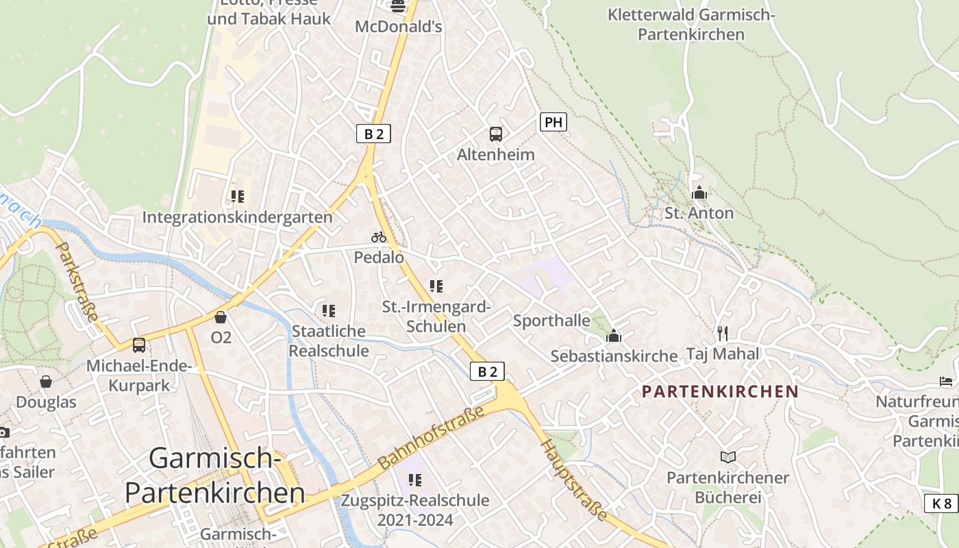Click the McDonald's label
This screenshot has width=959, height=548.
(x=398, y=27)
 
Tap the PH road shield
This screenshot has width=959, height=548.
(x=553, y=123)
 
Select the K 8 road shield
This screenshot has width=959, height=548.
(x=941, y=504)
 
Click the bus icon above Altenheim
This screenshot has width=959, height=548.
(x=496, y=134)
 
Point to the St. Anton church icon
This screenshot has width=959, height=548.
(x=699, y=192)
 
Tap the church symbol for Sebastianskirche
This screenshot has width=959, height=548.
(x=614, y=336)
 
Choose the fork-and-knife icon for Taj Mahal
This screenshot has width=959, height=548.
(x=723, y=334)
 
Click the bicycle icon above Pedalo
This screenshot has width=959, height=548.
(x=379, y=237)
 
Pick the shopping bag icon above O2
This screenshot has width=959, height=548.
(x=221, y=317)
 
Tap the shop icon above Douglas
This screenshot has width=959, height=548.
(x=46, y=382)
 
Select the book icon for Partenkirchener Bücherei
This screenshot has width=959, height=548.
(x=728, y=457)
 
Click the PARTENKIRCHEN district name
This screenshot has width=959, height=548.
(x=721, y=392)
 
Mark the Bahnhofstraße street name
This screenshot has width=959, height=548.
(x=431, y=436)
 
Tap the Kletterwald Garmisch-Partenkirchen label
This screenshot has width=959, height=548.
(x=690, y=24)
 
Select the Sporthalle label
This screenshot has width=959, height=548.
(x=551, y=321)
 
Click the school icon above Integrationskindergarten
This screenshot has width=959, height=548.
(x=238, y=197)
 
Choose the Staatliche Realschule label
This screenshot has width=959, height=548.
(x=329, y=340)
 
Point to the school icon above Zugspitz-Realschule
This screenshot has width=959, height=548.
(x=415, y=480)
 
